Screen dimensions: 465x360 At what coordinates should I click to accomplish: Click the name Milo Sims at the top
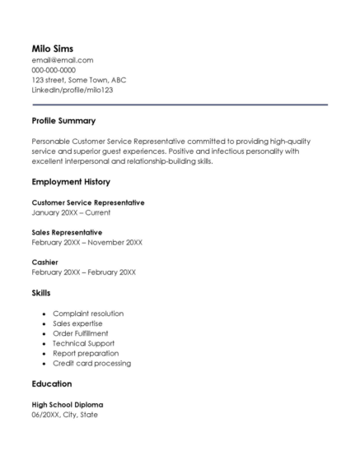[x=53, y=49]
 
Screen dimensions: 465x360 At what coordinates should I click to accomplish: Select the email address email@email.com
[x=63, y=60]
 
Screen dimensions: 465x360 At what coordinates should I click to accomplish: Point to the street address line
[x=79, y=80]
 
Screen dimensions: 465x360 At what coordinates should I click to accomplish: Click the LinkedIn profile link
[x=72, y=90]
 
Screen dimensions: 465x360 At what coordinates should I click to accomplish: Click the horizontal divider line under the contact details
[x=180, y=105]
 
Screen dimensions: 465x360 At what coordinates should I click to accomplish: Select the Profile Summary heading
[x=63, y=121]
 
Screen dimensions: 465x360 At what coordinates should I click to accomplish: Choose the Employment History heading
[x=71, y=182]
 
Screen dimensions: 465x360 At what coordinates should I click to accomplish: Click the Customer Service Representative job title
[x=88, y=202]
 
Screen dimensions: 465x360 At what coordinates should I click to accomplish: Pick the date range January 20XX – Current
[x=71, y=212]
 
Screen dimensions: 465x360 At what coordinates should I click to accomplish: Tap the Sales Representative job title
[x=67, y=232]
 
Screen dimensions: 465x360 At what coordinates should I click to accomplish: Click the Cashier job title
[x=44, y=262]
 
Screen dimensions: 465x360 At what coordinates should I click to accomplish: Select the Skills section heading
[x=41, y=292]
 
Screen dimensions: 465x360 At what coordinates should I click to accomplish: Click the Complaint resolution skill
[x=88, y=314]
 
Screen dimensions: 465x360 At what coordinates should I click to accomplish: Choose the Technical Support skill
[x=84, y=343]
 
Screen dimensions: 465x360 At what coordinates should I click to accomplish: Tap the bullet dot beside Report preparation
[x=43, y=353]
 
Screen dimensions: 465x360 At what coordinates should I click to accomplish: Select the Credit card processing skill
[x=91, y=363]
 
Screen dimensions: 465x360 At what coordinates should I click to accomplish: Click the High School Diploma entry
[x=68, y=405]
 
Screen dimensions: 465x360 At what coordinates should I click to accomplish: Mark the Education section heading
[x=52, y=384]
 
